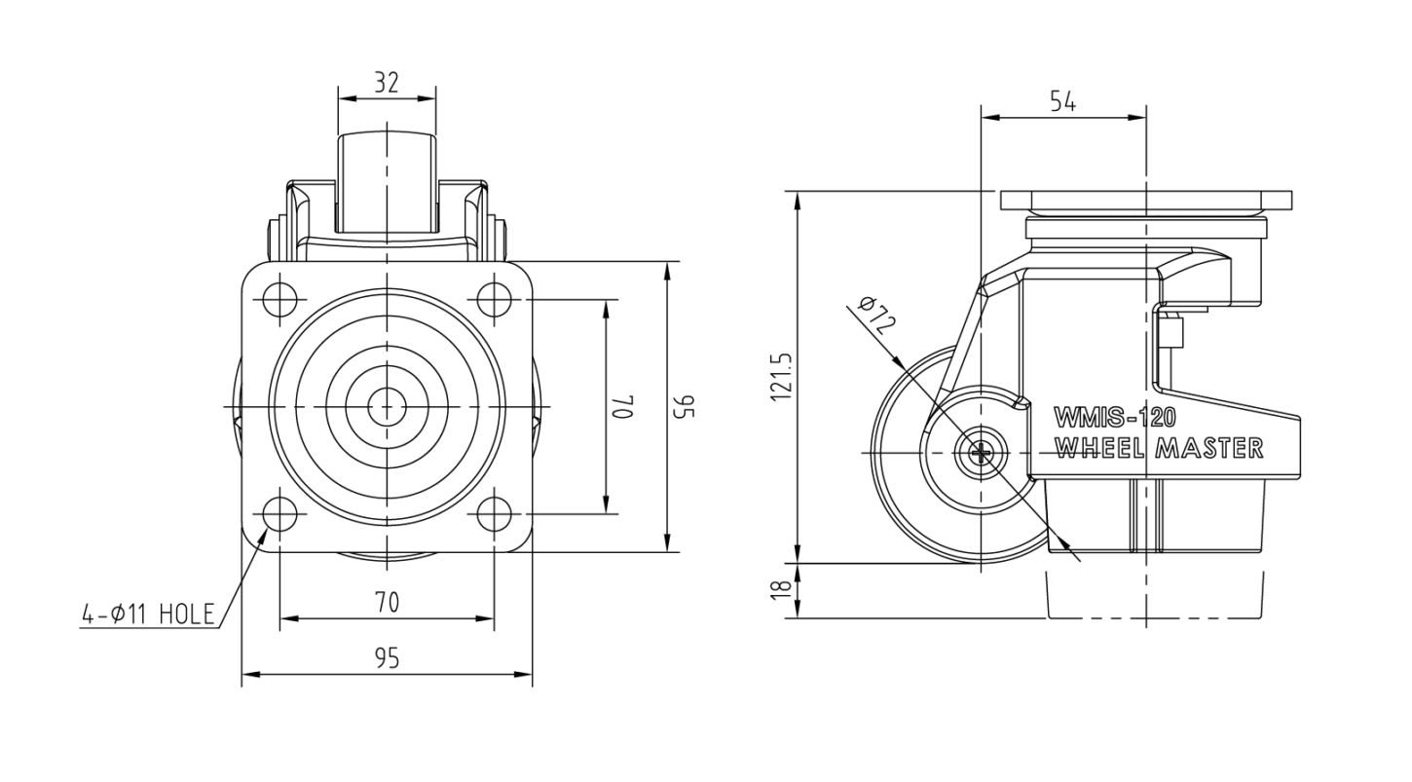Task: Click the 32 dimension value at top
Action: click(387, 82)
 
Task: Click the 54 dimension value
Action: click(1063, 101)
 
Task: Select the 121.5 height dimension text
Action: click(780, 376)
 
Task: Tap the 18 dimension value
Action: click(781, 589)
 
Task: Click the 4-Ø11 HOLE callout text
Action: click(148, 614)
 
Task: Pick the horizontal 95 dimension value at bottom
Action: click(387, 658)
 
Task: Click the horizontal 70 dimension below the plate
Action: click(387, 602)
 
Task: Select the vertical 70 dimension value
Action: click(623, 406)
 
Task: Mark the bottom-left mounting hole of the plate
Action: click(279, 514)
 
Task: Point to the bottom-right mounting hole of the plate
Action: click(495, 514)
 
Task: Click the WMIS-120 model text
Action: click(1115, 417)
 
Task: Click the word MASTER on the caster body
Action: click(1209, 448)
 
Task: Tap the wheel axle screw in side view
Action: click(981, 453)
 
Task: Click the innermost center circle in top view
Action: click(387, 406)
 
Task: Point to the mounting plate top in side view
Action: click(1146, 201)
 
